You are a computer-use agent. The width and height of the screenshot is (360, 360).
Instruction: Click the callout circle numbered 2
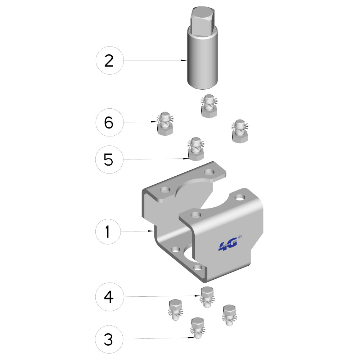click(x=109, y=60)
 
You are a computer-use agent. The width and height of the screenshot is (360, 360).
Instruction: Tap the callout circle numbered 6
click(x=109, y=122)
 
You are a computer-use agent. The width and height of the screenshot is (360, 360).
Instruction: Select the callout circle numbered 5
click(x=109, y=159)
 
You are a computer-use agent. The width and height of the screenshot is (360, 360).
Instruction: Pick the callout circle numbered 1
click(x=108, y=231)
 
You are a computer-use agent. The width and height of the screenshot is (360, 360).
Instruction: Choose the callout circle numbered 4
click(x=109, y=297)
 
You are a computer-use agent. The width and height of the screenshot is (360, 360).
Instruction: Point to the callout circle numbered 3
click(x=109, y=339)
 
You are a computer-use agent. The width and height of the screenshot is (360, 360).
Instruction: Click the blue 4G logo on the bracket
click(x=228, y=246)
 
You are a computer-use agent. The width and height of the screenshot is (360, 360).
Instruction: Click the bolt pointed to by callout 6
click(x=165, y=123)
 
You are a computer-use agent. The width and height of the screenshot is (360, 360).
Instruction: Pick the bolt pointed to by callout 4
click(x=207, y=297)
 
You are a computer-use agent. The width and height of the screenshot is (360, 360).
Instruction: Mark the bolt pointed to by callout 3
click(x=198, y=328)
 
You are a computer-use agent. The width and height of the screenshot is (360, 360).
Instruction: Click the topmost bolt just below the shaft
click(x=209, y=106)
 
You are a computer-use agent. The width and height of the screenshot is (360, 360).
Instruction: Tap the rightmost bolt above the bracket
click(x=240, y=131)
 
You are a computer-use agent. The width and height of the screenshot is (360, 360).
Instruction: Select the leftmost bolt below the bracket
click(x=175, y=310)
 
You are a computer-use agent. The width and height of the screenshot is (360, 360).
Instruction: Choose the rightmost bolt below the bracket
click(x=229, y=315)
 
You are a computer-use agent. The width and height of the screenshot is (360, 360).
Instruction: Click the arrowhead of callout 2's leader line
click(x=184, y=60)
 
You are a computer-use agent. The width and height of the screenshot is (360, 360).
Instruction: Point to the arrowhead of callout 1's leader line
click(x=151, y=231)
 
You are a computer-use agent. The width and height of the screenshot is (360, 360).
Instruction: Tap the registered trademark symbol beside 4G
click(x=240, y=237)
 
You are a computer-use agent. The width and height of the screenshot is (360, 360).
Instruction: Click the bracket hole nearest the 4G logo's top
click(x=240, y=197)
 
